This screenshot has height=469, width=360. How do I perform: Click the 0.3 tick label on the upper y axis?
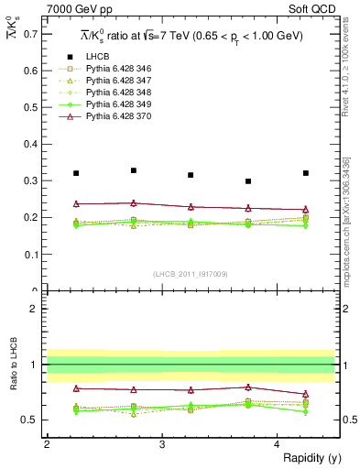coord(30,180)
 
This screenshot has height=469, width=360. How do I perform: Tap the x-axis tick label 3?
coord(162,443)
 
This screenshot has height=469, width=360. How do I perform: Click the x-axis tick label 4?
coord(278,443)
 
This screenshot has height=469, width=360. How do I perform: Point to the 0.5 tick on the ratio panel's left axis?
coord(30,420)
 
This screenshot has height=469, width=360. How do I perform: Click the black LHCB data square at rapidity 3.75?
coord(248,181)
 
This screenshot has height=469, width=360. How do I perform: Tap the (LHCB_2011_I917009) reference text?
coord(190,274)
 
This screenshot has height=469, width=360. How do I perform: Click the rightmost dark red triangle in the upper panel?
coord(306,210)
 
